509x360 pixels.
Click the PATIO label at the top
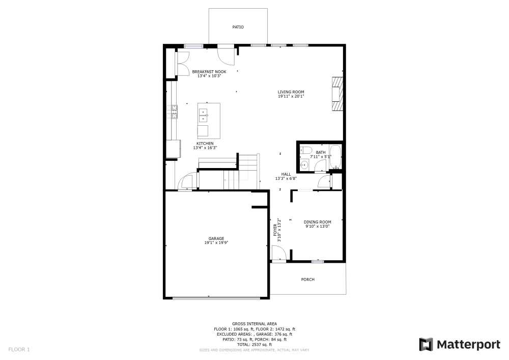[x=238, y=27]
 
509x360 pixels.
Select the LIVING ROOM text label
[x=291, y=92]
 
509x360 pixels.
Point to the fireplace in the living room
[x=337, y=93]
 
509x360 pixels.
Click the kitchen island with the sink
[x=209, y=120]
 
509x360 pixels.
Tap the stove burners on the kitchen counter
[x=174, y=112]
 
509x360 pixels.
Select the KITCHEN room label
[x=205, y=144]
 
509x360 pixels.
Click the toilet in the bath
[x=305, y=150]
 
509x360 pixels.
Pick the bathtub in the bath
[x=335, y=157]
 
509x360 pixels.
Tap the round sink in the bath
[x=304, y=164]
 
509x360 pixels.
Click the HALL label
[x=286, y=174]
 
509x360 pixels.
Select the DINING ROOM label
[x=317, y=222]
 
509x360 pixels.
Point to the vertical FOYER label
[x=276, y=230]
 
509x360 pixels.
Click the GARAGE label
[x=216, y=238]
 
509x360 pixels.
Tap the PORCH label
[x=307, y=280]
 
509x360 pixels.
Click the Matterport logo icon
[x=426, y=345]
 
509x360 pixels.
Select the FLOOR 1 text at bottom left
[x=19, y=349]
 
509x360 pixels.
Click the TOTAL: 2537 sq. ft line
[x=254, y=345]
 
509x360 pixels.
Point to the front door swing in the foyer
[x=278, y=253]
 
